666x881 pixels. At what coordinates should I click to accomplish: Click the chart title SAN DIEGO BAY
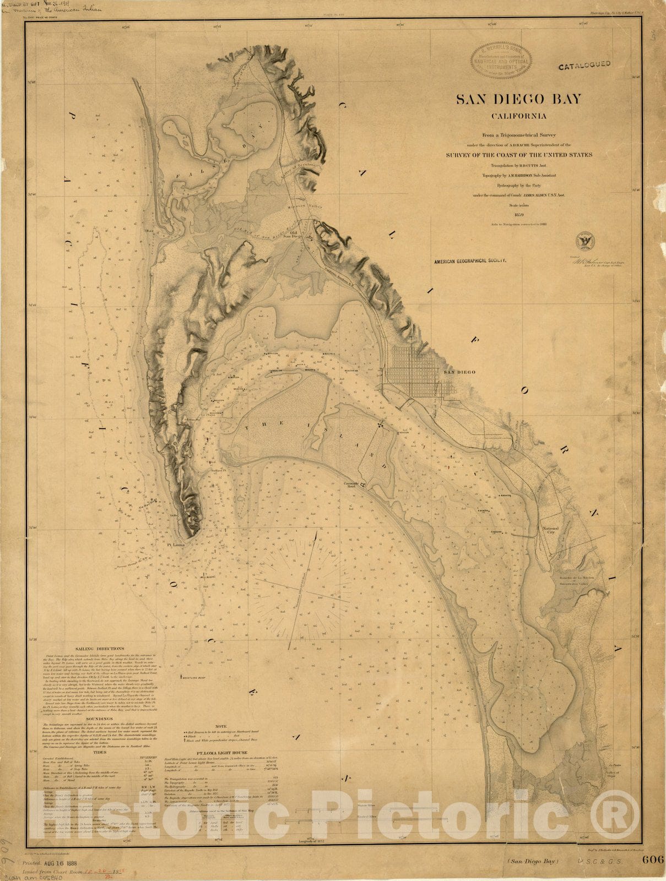(x=518, y=99)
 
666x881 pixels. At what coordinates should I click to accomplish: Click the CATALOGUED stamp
(x=584, y=65)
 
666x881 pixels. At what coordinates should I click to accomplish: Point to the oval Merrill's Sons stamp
(x=501, y=60)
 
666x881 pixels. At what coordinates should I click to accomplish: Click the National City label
(x=550, y=531)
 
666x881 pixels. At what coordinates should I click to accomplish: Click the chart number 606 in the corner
(x=651, y=860)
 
